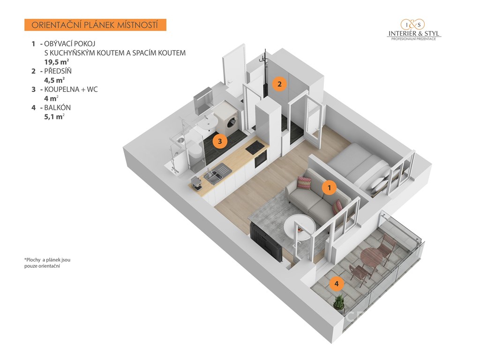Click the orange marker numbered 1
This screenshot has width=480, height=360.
pos(330,187)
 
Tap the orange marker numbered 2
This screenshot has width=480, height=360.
pos(279,84)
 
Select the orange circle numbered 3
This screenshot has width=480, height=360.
pos(219,141)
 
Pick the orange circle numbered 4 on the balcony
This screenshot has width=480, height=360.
pos(337,284)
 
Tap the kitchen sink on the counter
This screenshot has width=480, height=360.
pos(217,173)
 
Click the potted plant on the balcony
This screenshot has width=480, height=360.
pos(339,303)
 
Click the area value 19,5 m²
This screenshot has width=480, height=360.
pos(56,62)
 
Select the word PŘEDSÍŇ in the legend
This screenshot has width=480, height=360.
pos(58,71)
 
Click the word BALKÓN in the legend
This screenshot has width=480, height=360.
pos(58,108)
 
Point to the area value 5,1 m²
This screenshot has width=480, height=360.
pos(54,117)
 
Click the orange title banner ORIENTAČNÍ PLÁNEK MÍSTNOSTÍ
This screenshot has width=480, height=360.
pos(95,25)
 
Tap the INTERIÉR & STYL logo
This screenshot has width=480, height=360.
pos(414,30)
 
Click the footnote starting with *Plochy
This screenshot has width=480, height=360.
pos(47,263)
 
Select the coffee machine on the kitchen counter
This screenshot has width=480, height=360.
pos(195,183)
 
